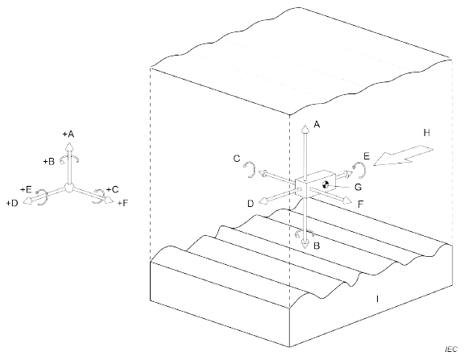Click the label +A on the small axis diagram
click(68, 134)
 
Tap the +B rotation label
click(49, 162)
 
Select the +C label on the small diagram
click(113, 189)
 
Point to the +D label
click(12, 203)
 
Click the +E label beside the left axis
click(26, 189)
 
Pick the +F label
click(122, 203)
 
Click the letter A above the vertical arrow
click(317, 125)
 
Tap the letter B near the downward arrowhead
click(317, 246)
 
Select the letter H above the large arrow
click(427, 133)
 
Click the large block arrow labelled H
click(403, 155)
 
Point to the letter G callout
click(358, 187)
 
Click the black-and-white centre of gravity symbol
click(325, 184)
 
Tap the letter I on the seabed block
click(377, 299)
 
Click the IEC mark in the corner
click(451, 350)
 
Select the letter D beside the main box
click(251, 204)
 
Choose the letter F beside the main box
click(360, 204)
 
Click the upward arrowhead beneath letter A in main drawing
click(305, 129)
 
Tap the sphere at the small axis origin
click(68, 188)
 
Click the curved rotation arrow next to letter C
click(251, 169)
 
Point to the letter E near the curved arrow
click(367, 156)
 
